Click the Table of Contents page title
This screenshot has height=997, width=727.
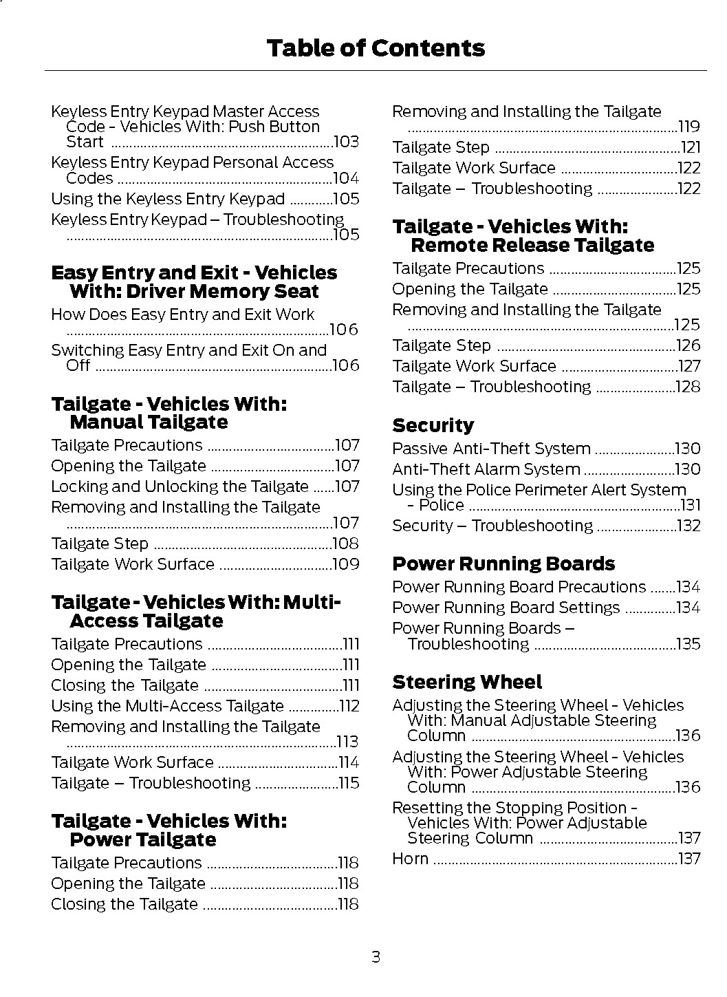pos(375,48)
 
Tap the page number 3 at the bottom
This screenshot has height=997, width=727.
pos(376,956)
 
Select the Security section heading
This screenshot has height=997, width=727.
pos(433,425)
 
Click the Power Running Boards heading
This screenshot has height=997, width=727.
pos(503,564)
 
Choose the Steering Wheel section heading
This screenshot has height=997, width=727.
pos(467,682)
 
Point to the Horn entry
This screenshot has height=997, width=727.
pos(411,859)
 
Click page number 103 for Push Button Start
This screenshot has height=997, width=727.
pos(346,142)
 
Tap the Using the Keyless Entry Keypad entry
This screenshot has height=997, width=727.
pos(168,199)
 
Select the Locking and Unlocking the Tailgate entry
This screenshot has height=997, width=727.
pos(180,486)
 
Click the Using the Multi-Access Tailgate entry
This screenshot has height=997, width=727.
pos(167,706)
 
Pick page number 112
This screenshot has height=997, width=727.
pos(349,706)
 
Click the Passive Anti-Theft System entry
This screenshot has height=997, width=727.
pos(491,449)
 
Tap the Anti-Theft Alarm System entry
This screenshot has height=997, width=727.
pos(486,469)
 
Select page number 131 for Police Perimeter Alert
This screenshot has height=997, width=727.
pos(691,505)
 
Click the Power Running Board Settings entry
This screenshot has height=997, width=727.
pos(506,608)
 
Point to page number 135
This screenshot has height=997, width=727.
pos(688,644)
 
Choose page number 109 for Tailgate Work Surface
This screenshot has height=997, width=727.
pos(345,564)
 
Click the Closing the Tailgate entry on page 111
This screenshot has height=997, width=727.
pos(124,685)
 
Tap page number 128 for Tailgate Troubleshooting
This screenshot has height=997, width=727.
pos(688,387)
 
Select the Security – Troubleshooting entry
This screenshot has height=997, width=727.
pos(492,526)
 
